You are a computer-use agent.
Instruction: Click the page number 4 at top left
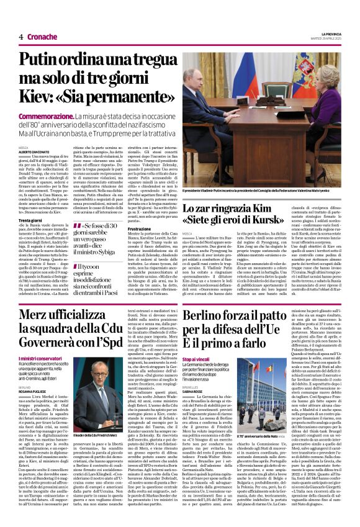pos(21,37)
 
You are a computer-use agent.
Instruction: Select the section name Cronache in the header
pos(43,37)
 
